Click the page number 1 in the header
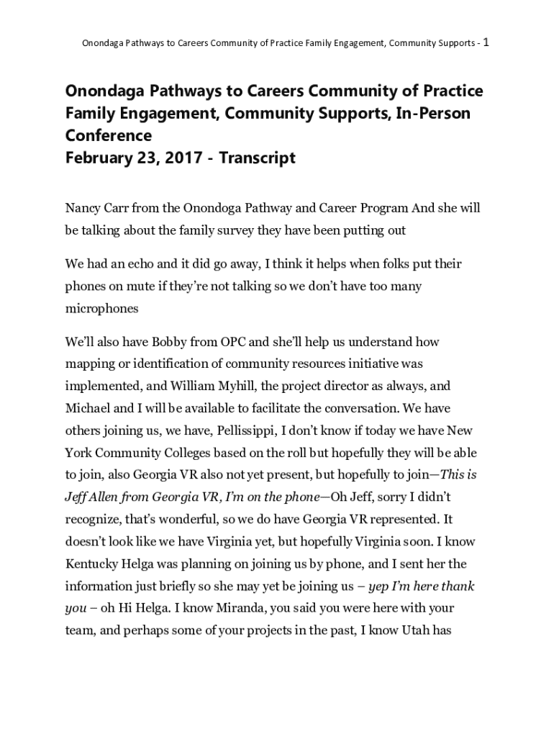click(486, 42)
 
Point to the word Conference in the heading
click(109, 136)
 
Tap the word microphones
click(101, 308)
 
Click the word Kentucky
click(94, 564)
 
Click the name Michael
click(90, 409)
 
